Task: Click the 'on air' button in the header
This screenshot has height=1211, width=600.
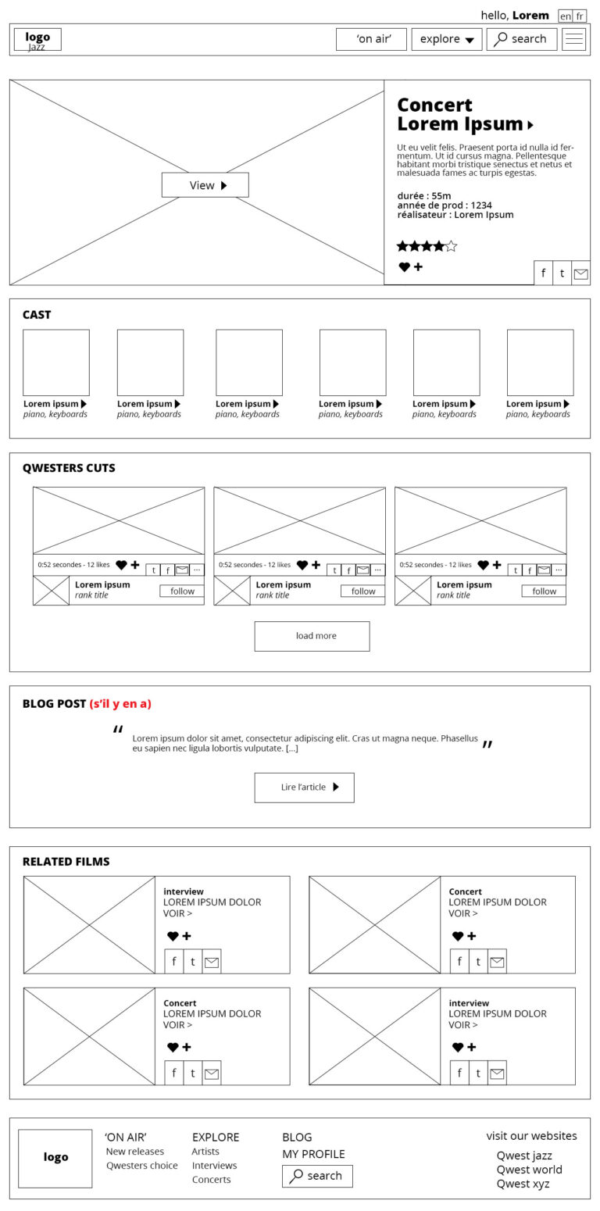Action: (x=371, y=39)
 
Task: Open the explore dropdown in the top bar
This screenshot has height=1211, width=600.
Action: (x=447, y=39)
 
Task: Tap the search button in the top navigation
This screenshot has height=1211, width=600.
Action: (x=521, y=39)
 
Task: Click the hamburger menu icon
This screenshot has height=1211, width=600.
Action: (x=574, y=39)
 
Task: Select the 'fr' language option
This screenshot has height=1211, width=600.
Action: (x=580, y=16)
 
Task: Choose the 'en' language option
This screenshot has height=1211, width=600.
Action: (x=566, y=16)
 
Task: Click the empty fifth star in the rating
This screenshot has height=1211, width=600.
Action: (x=451, y=247)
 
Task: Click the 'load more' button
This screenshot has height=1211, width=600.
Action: (x=312, y=636)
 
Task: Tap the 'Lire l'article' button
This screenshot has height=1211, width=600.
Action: (x=304, y=788)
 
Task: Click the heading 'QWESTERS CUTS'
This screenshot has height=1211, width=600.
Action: (x=69, y=468)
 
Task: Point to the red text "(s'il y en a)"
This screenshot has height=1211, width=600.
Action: (x=120, y=704)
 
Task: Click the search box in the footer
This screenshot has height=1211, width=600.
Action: (x=317, y=1176)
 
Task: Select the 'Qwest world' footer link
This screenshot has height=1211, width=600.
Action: (x=529, y=1170)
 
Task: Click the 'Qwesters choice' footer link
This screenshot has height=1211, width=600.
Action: (x=142, y=1166)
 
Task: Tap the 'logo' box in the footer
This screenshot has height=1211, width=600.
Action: (x=55, y=1158)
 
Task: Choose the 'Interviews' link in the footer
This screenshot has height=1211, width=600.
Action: (x=214, y=1166)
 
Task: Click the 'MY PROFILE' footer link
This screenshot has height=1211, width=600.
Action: (x=313, y=1154)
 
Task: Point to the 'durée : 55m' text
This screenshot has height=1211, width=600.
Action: (x=424, y=196)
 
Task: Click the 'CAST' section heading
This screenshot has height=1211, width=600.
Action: (x=37, y=315)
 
